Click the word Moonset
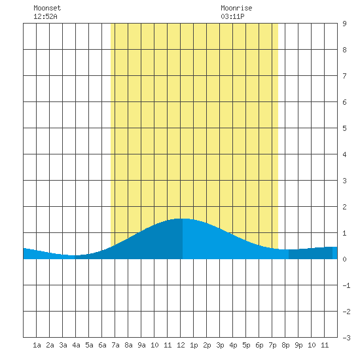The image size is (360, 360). click(47, 8)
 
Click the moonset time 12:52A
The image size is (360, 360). click(45, 16)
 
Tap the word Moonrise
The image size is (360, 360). click(236, 8)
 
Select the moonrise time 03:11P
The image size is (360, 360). click(232, 16)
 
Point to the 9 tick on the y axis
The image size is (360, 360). click(344, 24)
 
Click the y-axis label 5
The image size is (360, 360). click(344, 128)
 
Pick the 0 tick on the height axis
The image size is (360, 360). click(344, 259)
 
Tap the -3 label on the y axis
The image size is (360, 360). click(347, 338)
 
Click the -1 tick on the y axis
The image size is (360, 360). click(347, 285)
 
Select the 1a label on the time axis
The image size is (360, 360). click(37, 345)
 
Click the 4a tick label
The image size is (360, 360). click(76, 345)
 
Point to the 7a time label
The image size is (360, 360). click(115, 345)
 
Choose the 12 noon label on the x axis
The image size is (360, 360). click(181, 345)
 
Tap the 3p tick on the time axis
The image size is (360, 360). click(220, 345)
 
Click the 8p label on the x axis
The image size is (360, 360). click(285, 345)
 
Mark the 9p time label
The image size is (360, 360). click(298, 345)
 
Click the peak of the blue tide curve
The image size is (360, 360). click(183, 219)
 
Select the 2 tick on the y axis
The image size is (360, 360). click(344, 207)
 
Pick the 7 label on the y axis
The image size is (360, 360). click(344, 76)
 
